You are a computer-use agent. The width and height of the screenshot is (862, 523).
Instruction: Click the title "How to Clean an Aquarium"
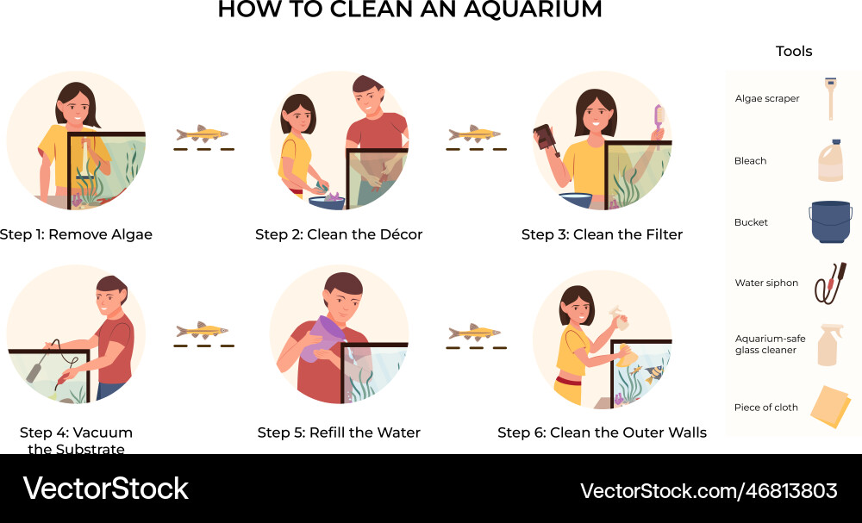409,10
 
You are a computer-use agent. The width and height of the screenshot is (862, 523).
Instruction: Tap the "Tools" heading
793,52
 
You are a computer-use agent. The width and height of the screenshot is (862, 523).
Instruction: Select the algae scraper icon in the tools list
831,97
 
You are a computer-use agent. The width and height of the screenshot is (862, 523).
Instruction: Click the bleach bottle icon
831,161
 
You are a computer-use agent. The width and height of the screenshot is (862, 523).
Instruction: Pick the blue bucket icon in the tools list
830,222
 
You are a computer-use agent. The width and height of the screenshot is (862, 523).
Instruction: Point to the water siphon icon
830,283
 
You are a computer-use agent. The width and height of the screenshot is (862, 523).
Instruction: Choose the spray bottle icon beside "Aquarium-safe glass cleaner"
831,345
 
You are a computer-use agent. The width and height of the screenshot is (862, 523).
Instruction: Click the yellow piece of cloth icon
831,407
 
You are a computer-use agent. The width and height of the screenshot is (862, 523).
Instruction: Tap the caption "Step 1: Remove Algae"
76,234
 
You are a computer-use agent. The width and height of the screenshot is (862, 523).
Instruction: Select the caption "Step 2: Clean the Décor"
339,234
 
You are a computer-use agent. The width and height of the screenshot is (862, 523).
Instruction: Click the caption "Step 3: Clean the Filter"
602,234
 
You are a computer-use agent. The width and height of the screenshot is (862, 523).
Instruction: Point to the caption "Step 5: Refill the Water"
339,433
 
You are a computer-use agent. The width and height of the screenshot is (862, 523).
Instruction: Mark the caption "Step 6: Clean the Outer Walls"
602,433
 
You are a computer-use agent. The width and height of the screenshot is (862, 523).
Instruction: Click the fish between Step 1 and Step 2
202,134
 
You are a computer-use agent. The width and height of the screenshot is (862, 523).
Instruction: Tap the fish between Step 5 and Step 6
474,332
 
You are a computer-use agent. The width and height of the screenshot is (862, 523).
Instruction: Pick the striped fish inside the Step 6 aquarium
653,371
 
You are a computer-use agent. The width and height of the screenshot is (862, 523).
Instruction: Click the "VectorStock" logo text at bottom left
105,489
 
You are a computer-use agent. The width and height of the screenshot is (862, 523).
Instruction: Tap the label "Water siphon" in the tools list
766,283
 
